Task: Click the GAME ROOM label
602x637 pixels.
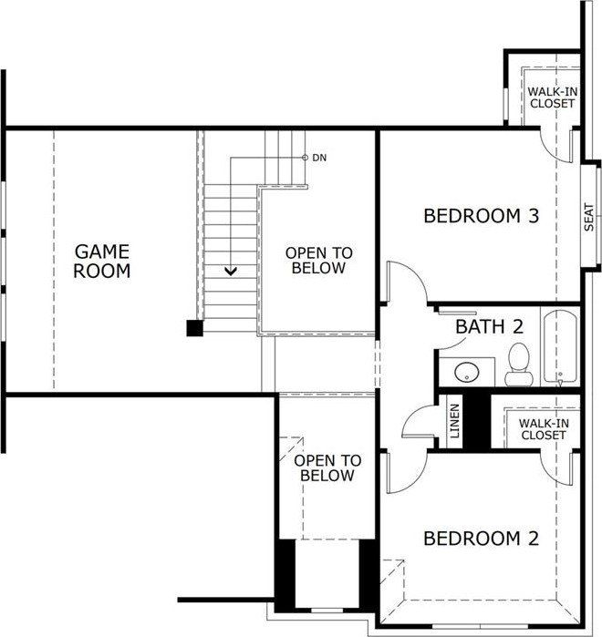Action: [102, 261]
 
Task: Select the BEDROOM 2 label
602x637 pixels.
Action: [482, 539]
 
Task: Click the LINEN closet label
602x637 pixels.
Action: [455, 421]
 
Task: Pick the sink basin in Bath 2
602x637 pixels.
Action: [465, 372]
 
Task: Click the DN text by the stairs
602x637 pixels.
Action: [319, 158]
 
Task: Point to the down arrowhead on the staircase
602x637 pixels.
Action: [232, 271]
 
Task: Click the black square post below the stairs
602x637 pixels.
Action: [194, 328]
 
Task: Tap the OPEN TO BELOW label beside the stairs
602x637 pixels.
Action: [318, 261]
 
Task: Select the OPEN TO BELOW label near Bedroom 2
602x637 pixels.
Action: [327, 468]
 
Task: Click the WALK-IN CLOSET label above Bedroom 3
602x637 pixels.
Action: [552, 97]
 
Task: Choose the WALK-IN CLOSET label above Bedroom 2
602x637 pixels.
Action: [544, 429]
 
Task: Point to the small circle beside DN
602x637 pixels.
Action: [305, 158]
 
